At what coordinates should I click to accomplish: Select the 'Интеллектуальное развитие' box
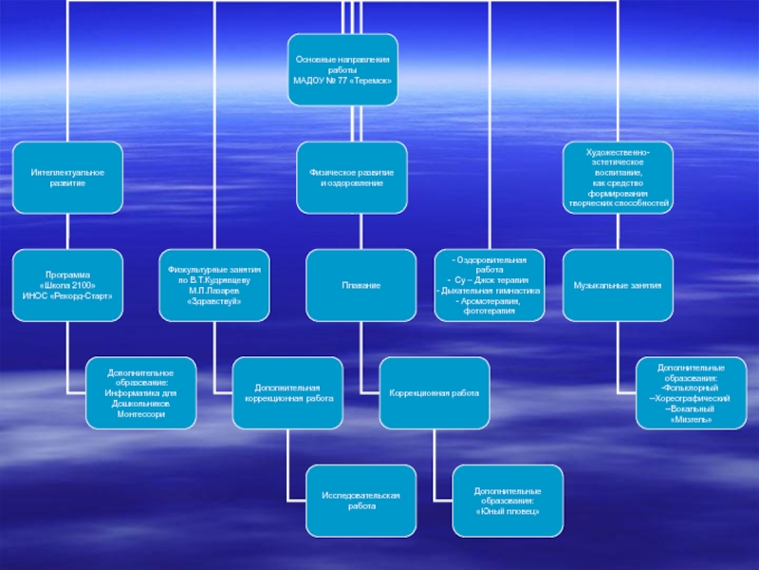pyautogui.click(x=67, y=177)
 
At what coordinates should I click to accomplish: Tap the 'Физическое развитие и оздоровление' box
pyautogui.click(x=352, y=177)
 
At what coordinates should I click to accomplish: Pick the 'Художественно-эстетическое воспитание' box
pyautogui.click(x=619, y=177)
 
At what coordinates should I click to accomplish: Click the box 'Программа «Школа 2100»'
pyautogui.click(x=67, y=284)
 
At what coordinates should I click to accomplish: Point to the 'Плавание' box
pyautogui.click(x=361, y=284)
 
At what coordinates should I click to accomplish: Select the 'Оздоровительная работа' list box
pyautogui.click(x=489, y=284)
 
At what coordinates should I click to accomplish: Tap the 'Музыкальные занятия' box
pyautogui.click(x=619, y=284)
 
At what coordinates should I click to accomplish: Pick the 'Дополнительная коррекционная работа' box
pyautogui.click(x=287, y=392)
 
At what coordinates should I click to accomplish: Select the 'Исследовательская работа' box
pyautogui.click(x=361, y=501)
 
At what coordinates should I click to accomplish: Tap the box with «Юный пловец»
pyautogui.click(x=508, y=501)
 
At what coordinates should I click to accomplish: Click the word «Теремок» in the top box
pyautogui.click(x=371, y=81)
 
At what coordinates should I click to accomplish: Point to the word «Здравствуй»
pyautogui.click(x=214, y=301)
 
